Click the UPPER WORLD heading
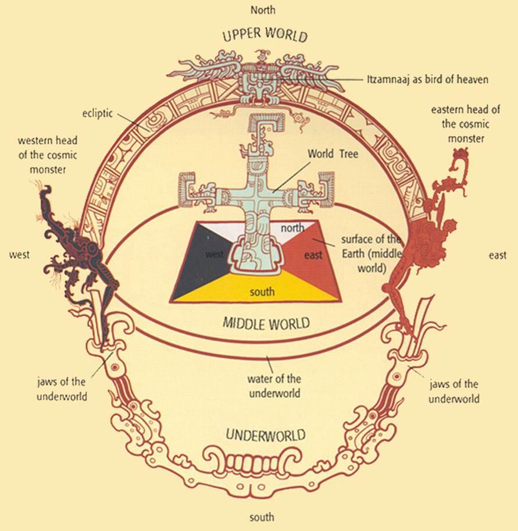(265, 34)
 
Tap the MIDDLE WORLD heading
(266, 323)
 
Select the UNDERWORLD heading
(266, 435)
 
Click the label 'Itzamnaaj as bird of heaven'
(428, 80)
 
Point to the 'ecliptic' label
(98, 113)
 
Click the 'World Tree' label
(333, 154)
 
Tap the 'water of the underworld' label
(274, 386)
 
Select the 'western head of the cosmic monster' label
(48, 155)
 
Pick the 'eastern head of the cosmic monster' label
(466, 124)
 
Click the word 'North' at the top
(263, 10)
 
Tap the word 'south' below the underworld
(262, 517)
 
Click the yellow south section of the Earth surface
(260, 288)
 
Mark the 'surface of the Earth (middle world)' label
(371, 254)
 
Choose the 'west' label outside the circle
(19, 255)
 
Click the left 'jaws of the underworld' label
(62, 389)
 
